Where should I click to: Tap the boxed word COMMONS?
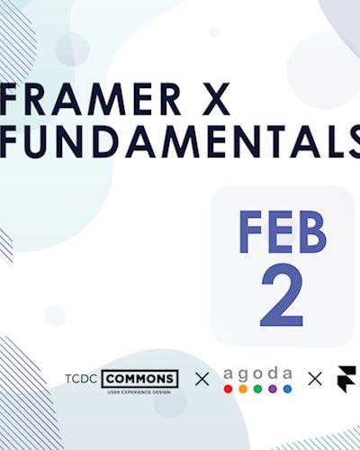(x=139, y=378)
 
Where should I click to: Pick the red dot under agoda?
(x=229, y=389)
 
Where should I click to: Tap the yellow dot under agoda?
(x=243, y=389)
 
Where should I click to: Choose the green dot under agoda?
(x=257, y=389)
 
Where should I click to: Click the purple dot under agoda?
(x=272, y=389)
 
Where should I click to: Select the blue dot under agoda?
(x=286, y=389)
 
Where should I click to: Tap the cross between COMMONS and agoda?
(x=202, y=379)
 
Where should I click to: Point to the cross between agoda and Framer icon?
(x=315, y=379)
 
